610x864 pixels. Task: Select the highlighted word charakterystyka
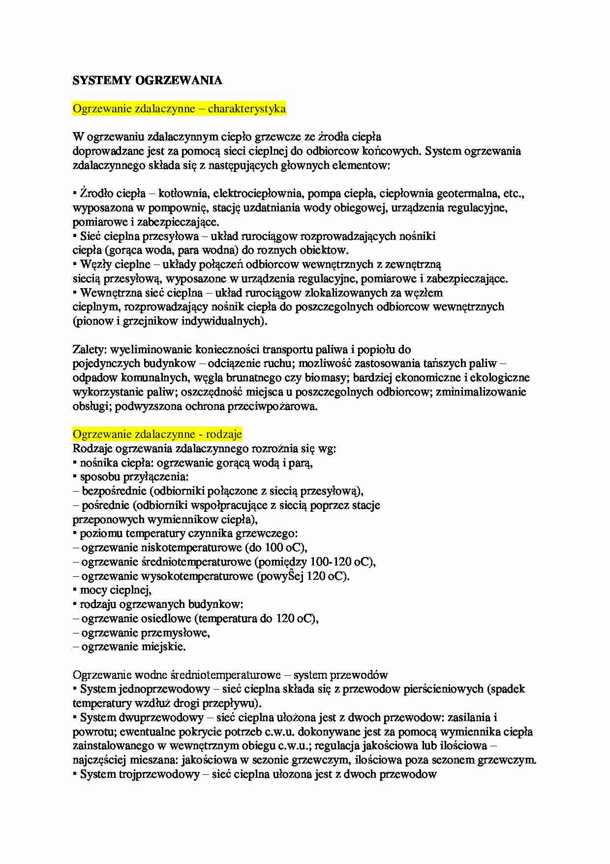click(x=246, y=109)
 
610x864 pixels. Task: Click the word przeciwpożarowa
click(x=272, y=406)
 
